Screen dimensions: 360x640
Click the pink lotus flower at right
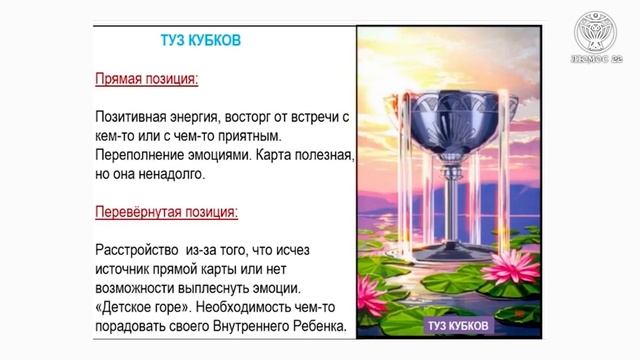coord(516,268)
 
